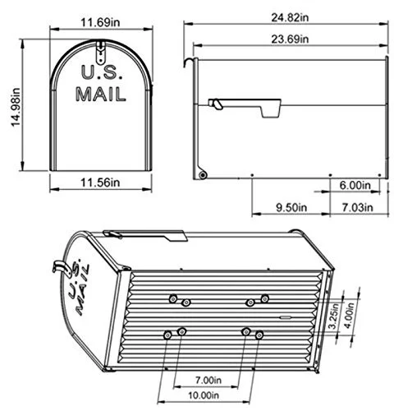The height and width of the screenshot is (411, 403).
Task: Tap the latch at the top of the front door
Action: [99, 55]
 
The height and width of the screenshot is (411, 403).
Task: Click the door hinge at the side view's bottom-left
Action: [201, 173]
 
